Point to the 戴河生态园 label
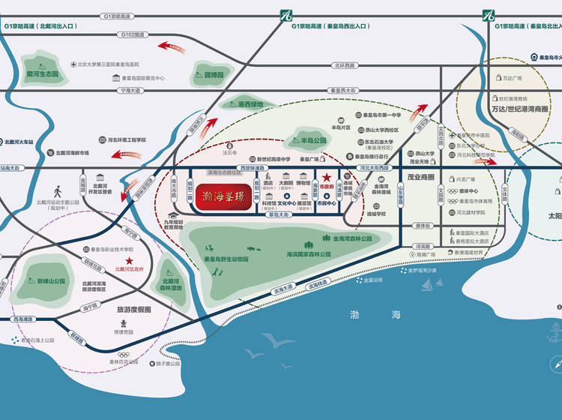(x=43, y=74)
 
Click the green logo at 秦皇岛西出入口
(x=285, y=14)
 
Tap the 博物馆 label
(x=303, y=182)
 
